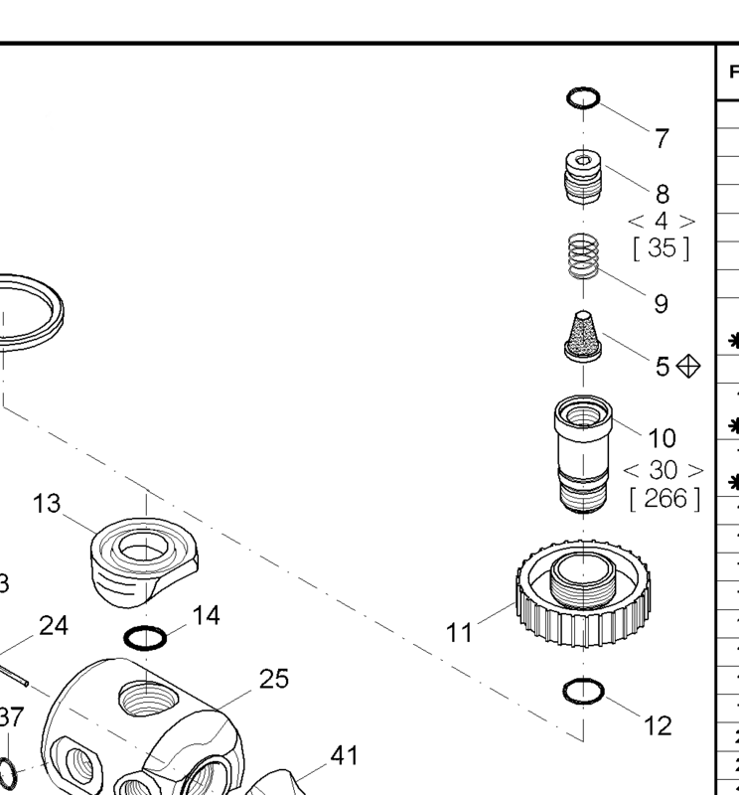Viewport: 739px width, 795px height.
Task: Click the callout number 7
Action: coord(662,138)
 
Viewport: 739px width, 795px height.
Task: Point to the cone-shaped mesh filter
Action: coord(583,337)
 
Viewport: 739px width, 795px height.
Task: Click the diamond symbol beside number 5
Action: coord(686,367)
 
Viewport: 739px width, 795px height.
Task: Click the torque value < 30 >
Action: coord(663,469)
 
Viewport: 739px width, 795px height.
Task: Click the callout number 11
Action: coord(460,633)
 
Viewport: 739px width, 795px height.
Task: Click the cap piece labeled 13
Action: coord(143,560)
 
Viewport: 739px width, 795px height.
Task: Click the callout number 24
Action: coord(54,626)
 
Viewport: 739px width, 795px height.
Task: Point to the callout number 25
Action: coord(274,679)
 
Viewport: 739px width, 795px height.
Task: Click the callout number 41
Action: coord(344,756)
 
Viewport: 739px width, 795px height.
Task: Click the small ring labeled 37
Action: coord(6,770)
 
